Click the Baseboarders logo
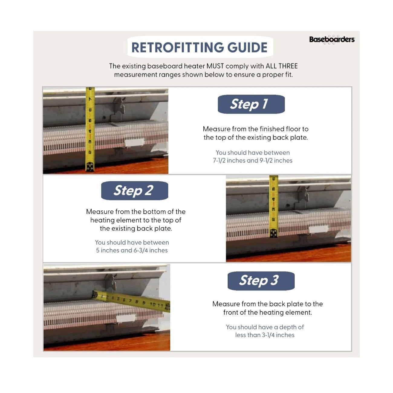[332, 39]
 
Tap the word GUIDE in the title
[247, 47]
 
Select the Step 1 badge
[251, 104]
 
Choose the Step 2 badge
[135, 190]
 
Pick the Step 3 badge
[261, 281]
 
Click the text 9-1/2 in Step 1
[266, 161]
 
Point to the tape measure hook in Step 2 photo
[274, 233]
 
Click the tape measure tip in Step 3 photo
[95, 295]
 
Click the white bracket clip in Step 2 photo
[318, 229]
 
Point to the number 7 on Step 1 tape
[90, 99]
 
